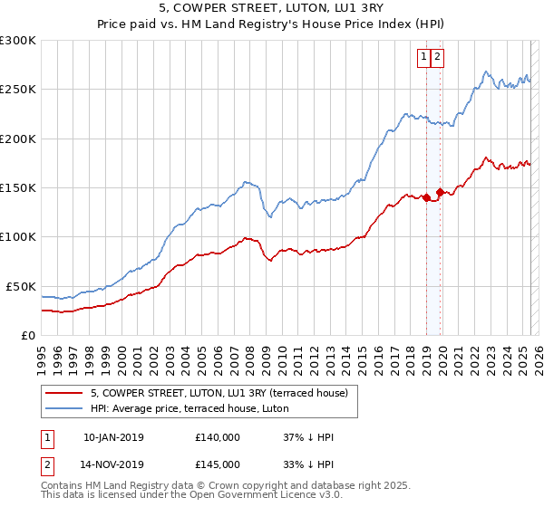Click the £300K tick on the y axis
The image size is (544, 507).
pos(18,41)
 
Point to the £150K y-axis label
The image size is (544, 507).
pos(18,188)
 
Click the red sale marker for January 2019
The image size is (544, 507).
pos(426,197)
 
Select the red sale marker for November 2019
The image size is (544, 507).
pos(440,192)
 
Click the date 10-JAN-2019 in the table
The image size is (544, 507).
pos(113,437)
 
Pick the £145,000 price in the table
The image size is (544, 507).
pos(218,464)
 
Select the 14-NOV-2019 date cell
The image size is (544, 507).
pos(113,464)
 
